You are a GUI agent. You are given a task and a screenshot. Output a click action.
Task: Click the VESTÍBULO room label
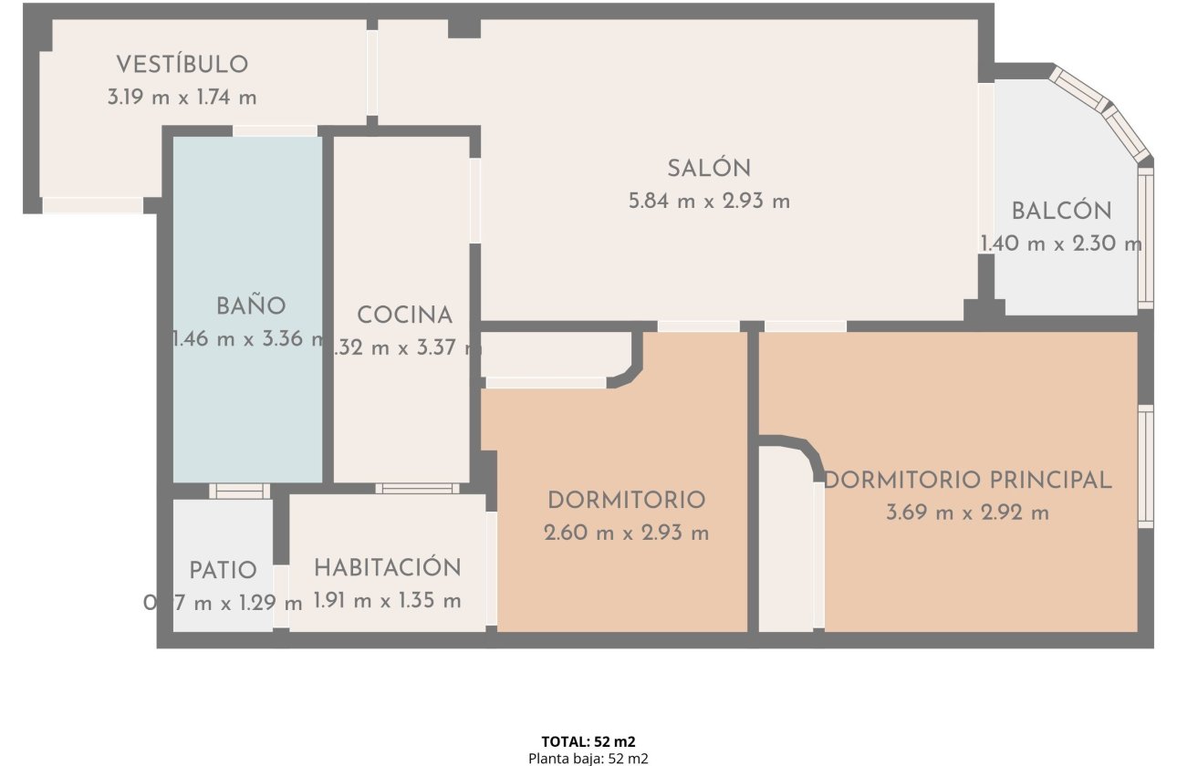pyautogui.click(x=182, y=65)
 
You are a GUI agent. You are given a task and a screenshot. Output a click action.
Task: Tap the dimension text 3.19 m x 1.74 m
pyautogui.click(x=182, y=98)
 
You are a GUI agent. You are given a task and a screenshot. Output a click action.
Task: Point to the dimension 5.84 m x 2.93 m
pyautogui.click(x=709, y=202)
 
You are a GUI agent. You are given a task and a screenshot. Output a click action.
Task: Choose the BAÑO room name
pyautogui.click(x=251, y=306)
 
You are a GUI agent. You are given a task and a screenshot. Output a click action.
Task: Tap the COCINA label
pyautogui.click(x=404, y=316)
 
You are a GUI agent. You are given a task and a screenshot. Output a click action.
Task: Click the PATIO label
pyautogui.click(x=223, y=571)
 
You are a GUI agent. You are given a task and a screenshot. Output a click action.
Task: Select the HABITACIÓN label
pyautogui.click(x=387, y=567)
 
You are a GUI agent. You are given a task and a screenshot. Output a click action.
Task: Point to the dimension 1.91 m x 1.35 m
pyautogui.click(x=387, y=601)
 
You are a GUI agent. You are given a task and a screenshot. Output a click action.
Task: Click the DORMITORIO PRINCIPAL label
pyautogui.click(x=967, y=480)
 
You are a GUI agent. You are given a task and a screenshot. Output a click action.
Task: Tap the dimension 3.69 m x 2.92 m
pyautogui.click(x=967, y=512)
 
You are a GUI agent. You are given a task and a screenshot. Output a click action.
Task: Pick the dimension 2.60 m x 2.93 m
pyautogui.click(x=626, y=533)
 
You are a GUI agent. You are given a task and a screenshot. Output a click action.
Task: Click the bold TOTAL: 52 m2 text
pyautogui.click(x=588, y=741)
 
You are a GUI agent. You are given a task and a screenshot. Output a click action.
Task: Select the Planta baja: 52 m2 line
pyautogui.click(x=588, y=758)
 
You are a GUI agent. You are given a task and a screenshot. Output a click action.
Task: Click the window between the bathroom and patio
pyautogui.click(x=239, y=491)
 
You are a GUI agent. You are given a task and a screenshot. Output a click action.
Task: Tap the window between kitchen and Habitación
pyautogui.click(x=417, y=489)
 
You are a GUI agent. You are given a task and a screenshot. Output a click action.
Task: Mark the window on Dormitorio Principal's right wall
pyautogui.click(x=1146, y=466)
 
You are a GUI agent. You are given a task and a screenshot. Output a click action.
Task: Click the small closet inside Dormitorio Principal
pyautogui.click(x=785, y=547)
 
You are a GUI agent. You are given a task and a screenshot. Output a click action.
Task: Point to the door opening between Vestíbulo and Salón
pyautogui.click(x=372, y=73)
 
